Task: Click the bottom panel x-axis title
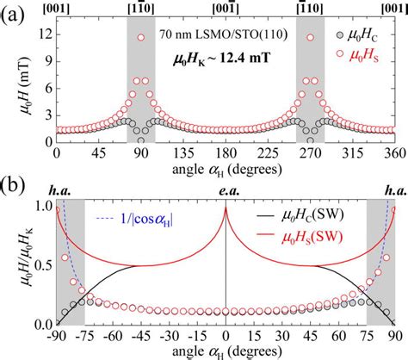pyautogui.click(x=226, y=352)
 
